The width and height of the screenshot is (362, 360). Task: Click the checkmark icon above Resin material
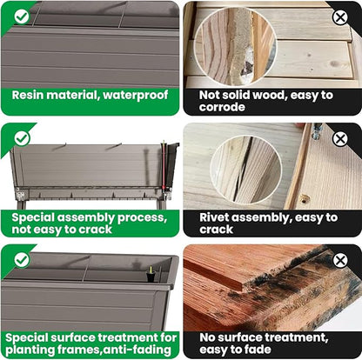coord(22,17)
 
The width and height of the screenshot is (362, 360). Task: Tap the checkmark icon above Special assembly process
coord(22,138)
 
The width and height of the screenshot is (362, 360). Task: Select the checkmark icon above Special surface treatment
coord(22,260)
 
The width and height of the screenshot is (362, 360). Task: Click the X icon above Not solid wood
coord(340,17)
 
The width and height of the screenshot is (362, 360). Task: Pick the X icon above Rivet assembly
coord(340,139)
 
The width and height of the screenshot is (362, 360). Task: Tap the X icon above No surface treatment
coord(340,260)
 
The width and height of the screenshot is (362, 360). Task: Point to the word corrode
coord(222,107)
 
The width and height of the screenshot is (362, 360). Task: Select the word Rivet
coord(214,217)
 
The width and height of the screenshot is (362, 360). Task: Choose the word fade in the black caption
coord(258,350)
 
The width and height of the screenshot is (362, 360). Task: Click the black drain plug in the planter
coord(151,274)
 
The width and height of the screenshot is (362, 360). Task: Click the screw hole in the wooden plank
coord(305,199)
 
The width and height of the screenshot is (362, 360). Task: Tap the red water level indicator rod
coord(164,166)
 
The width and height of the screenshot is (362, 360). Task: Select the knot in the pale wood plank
coord(335,63)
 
